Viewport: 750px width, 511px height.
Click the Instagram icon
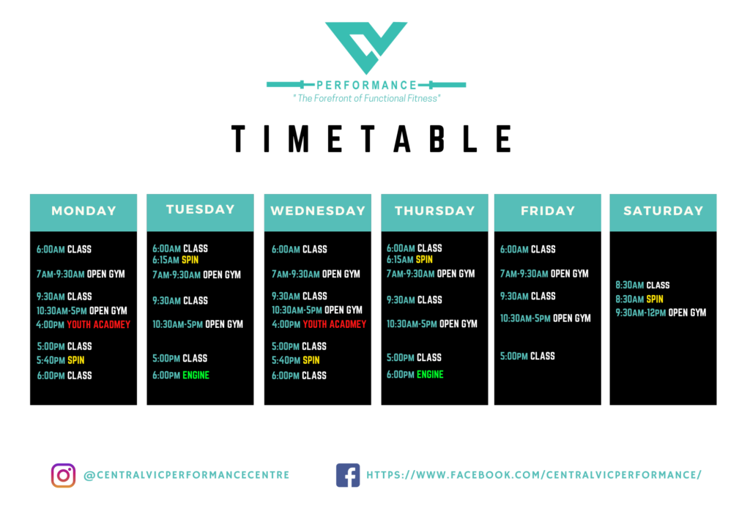pyautogui.click(x=63, y=475)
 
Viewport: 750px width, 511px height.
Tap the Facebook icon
pyautogui.click(x=348, y=475)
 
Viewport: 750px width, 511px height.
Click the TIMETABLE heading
pyautogui.click(x=371, y=138)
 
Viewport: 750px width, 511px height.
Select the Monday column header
pyautogui.click(x=83, y=212)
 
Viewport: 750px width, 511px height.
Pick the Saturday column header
pyautogui.click(x=663, y=212)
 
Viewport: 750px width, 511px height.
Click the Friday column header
pyautogui.click(x=548, y=212)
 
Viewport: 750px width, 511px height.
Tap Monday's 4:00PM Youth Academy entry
pyautogui.click(x=83, y=324)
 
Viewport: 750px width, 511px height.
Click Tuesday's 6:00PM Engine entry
pyautogui.click(x=181, y=376)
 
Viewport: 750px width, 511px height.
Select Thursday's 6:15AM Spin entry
pyautogui.click(x=409, y=260)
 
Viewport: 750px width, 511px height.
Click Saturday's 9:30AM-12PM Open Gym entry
pyautogui.click(x=661, y=313)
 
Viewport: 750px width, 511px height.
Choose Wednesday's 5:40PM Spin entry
pyautogui.click(x=296, y=360)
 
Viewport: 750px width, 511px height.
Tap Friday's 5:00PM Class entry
pyautogui.click(x=527, y=356)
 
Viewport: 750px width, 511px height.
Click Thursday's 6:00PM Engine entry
pyautogui.click(x=415, y=374)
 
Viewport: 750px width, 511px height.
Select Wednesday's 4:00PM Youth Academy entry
pyautogui.click(x=319, y=324)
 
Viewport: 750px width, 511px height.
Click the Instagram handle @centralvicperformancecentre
pyautogui.click(x=187, y=475)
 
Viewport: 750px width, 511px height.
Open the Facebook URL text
pyautogui.click(x=534, y=474)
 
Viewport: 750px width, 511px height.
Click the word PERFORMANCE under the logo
pyautogui.click(x=366, y=86)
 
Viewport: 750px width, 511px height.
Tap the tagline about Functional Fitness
pyautogui.click(x=367, y=99)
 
